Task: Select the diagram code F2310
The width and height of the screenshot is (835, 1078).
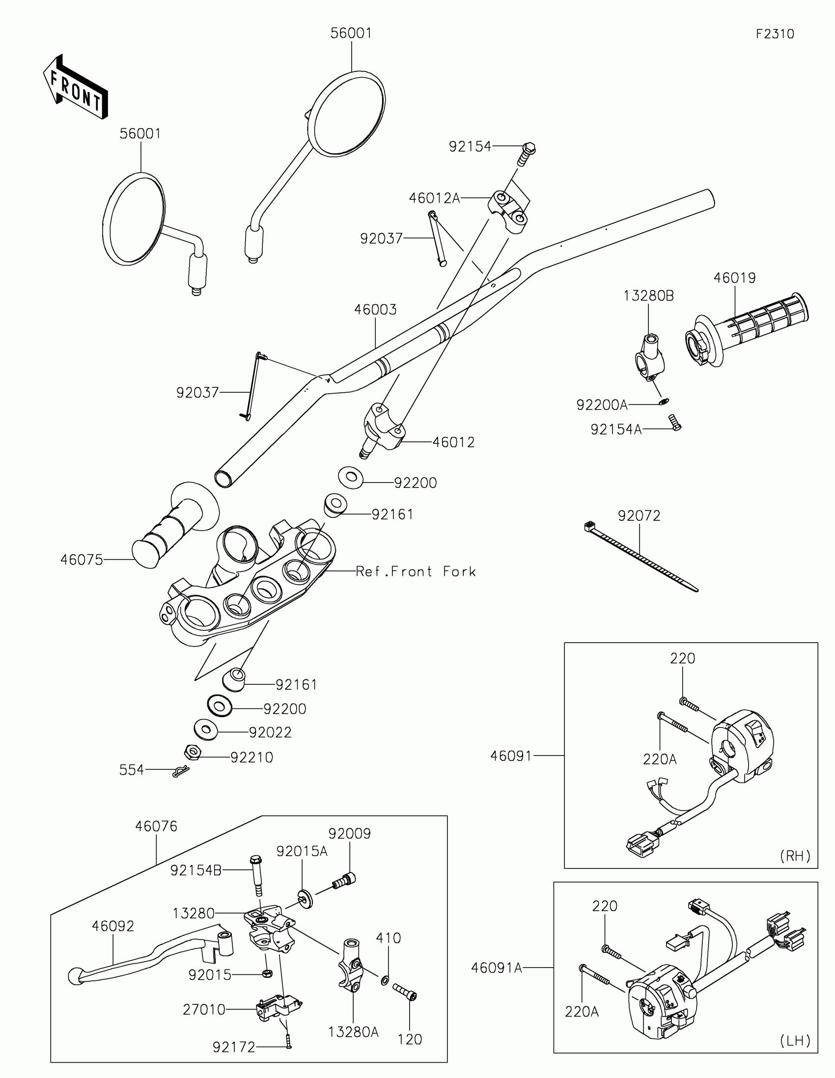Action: pyautogui.click(x=775, y=33)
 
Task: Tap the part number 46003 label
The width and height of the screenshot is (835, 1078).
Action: pyautogui.click(x=375, y=309)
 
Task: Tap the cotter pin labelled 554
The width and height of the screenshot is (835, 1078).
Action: pyautogui.click(x=180, y=771)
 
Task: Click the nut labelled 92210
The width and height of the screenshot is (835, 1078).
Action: pyautogui.click(x=192, y=753)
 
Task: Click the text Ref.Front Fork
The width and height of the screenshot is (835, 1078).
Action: pyautogui.click(x=416, y=571)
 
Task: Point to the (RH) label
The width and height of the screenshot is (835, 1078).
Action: pyautogui.click(x=795, y=856)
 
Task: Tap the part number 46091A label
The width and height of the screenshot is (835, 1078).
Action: pyautogui.click(x=496, y=968)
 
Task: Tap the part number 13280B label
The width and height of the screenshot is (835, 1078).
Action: pyautogui.click(x=648, y=296)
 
